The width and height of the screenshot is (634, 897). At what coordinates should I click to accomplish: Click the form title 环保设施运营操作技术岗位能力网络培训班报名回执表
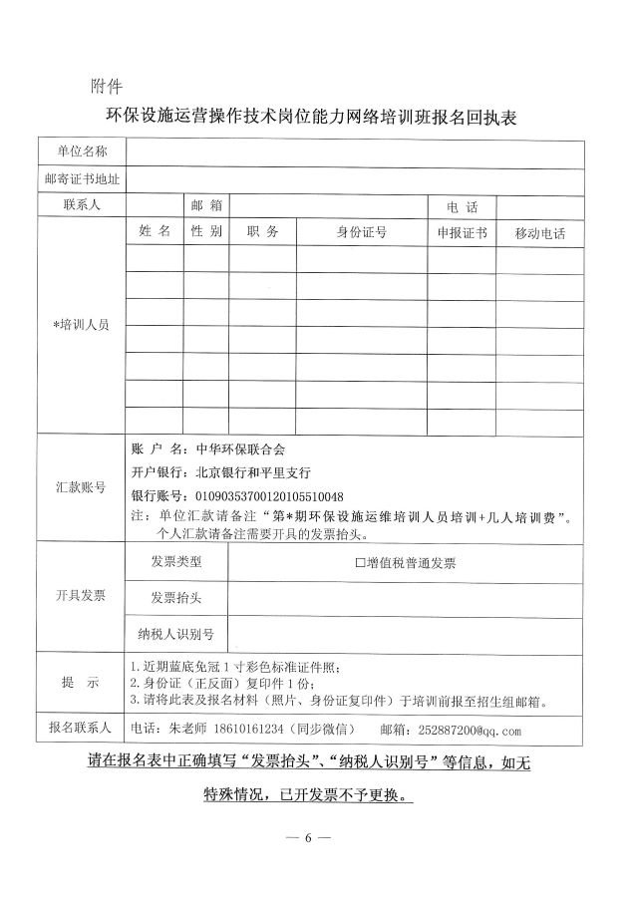(x=316, y=118)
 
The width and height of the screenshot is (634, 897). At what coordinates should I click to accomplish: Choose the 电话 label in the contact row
(x=463, y=207)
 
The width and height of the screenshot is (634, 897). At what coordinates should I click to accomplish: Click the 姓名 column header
(x=155, y=232)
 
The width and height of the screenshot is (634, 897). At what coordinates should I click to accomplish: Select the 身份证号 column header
(x=362, y=233)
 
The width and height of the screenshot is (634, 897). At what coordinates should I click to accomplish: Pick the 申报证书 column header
(x=463, y=233)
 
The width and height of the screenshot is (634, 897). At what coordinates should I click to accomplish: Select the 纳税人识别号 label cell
(x=175, y=633)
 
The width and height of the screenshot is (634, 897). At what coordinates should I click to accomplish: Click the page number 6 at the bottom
(x=308, y=835)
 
